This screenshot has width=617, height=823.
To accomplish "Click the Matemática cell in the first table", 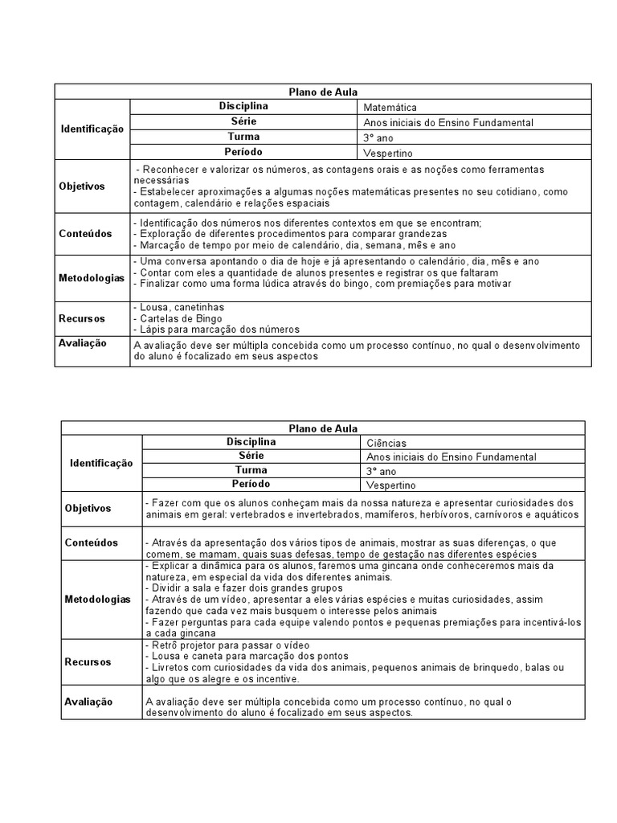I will click(x=390, y=108).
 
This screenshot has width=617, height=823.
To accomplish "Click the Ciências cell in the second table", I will click(x=386, y=443).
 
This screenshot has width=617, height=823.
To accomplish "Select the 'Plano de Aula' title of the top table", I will click(x=323, y=92).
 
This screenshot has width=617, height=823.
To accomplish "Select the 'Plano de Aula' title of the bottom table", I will click(x=323, y=428).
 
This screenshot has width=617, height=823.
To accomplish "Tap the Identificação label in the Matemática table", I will click(x=92, y=129).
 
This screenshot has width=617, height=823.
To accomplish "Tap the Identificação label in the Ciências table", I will click(x=101, y=464).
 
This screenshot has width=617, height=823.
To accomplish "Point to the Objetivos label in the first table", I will click(x=82, y=186).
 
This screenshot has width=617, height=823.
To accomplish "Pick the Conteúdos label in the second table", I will click(x=91, y=543).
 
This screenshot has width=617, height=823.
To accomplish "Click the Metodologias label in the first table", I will click(x=92, y=278).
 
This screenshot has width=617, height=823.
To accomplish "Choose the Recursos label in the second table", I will click(x=88, y=662).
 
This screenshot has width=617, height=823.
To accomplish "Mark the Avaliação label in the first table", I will click(x=83, y=343).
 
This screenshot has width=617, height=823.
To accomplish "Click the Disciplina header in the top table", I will click(x=243, y=107).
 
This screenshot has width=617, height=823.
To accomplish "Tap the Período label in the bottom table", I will click(x=251, y=485).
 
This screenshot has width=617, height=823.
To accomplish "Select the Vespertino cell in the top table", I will click(x=389, y=153).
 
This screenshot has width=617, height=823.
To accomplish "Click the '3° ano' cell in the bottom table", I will click(x=382, y=472).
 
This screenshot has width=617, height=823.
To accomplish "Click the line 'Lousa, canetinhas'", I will click(x=179, y=307).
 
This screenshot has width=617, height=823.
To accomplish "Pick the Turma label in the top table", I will click(x=243, y=137).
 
